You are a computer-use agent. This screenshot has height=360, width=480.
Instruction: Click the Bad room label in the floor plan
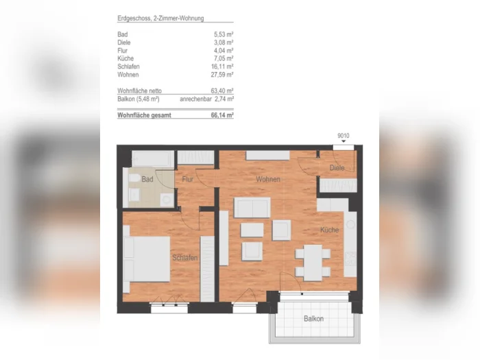click(x=147, y=179)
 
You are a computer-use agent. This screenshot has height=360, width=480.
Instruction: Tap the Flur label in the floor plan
click(x=187, y=179)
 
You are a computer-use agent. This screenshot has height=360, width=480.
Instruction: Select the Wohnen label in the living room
click(x=268, y=179)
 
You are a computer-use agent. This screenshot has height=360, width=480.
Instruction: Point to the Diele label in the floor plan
click(x=337, y=168)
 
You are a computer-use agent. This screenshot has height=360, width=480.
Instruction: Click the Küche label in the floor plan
click(x=329, y=230)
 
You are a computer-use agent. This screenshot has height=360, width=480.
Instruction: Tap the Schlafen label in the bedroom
click(x=184, y=258)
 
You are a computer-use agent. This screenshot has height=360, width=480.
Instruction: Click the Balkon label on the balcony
click(x=313, y=319)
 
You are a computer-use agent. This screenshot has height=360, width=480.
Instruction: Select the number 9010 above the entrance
click(x=343, y=136)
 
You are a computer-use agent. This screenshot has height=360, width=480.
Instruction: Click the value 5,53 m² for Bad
click(x=224, y=34)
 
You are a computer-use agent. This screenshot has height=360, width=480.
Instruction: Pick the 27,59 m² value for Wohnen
click(x=222, y=75)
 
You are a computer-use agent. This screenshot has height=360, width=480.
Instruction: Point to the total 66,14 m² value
click(x=222, y=115)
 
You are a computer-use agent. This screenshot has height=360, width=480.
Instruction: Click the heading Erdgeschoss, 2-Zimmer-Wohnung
click(x=160, y=19)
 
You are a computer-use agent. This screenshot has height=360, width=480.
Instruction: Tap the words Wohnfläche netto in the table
click(x=139, y=91)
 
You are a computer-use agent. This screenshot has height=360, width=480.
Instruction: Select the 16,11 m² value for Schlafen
click(x=222, y=67)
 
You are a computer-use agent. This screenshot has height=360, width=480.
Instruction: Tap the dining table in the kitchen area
click(x=313, y=263)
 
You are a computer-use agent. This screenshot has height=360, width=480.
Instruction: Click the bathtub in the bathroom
click(x=152, y=159)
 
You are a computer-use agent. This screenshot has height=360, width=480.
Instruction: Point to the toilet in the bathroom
click(x=134, y=178)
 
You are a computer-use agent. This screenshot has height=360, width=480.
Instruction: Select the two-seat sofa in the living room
click(x=252, y=208)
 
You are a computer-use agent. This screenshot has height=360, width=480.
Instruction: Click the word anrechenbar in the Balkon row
click(x=195, y=99)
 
